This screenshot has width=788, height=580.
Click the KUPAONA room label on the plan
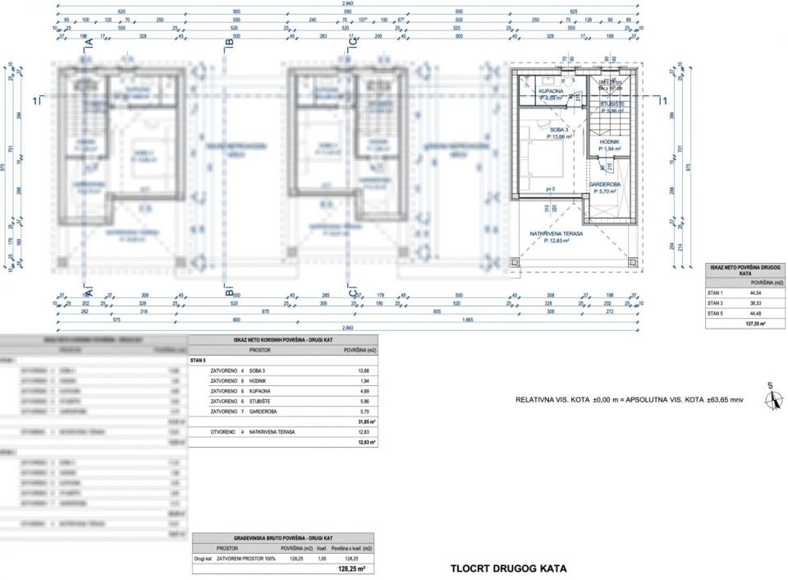(551, 90)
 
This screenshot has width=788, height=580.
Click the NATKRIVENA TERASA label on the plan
(557, 233)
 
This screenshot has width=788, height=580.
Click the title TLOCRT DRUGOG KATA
(508, 568)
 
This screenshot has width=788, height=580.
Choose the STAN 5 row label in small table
(717, 313)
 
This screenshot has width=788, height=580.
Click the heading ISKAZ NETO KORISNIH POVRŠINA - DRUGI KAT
(283, 340)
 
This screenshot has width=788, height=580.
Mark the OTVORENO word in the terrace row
(222, 432)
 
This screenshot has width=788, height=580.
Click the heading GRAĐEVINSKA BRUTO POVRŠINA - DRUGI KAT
(283, 536)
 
